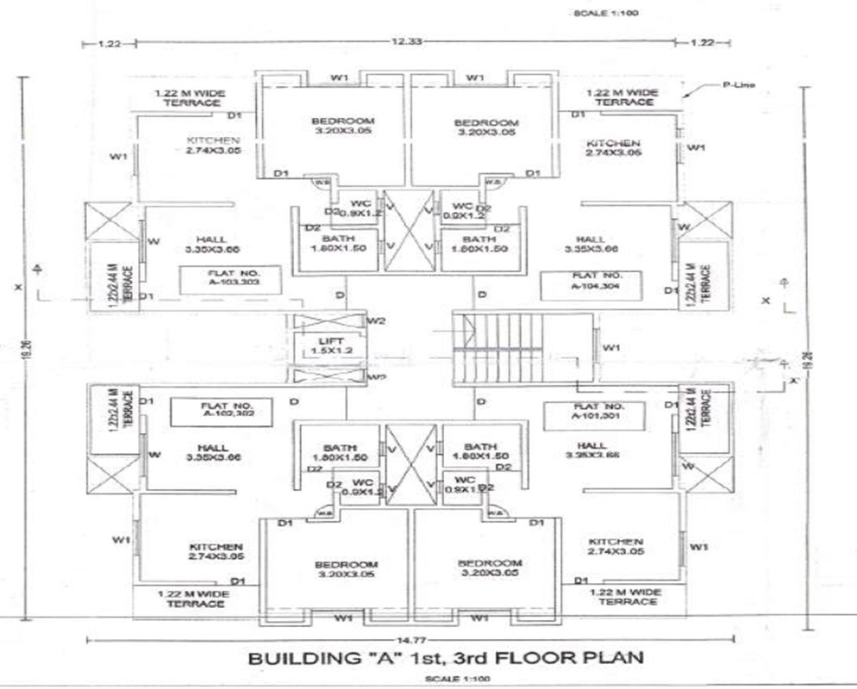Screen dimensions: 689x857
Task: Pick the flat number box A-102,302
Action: pos(221,411)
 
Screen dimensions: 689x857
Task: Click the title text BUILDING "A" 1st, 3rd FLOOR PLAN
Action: pos(446,659)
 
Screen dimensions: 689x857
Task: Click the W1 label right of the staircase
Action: pos(611,348)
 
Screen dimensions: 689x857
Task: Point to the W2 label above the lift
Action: pos(376,321)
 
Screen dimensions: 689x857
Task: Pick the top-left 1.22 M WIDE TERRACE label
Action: pos(189,97)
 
